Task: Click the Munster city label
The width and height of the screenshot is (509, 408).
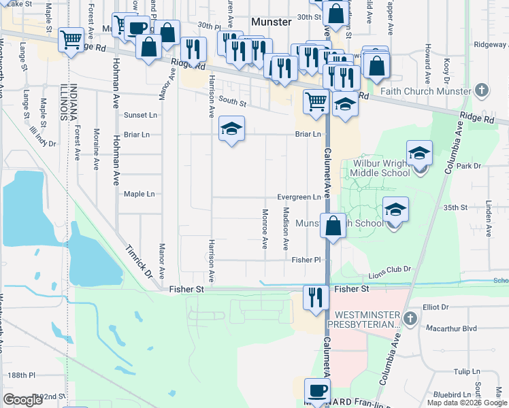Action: tap(271, 22)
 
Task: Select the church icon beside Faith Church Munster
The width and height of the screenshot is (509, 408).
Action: tap(482, 90)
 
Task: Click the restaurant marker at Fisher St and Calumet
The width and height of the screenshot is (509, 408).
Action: tap(315, 297)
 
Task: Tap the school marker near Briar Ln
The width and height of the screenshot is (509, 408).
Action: tap(231, 128)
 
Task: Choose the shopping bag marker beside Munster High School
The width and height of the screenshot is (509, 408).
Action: tap(333, 225)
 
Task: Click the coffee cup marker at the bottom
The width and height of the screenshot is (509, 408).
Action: tap(317, 390)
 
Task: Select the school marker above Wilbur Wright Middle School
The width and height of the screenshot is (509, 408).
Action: tap(420, 153)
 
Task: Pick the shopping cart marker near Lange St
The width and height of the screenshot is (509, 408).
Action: tap(71, 39)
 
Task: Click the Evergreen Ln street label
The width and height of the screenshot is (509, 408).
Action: tap(299, 197)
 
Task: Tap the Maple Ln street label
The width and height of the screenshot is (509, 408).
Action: tap(139, 194)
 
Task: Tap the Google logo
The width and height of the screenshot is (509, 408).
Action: tap(23, 400)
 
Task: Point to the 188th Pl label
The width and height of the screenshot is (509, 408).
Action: tap(22, 375)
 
